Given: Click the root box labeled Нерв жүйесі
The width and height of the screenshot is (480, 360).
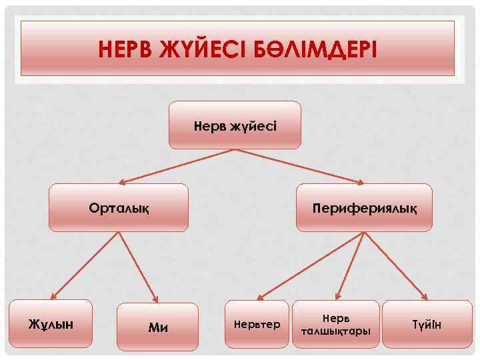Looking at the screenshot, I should point(235,125).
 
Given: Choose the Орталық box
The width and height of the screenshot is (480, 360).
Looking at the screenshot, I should point(119,207).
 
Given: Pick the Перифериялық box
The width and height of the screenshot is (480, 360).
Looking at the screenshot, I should point(364,207).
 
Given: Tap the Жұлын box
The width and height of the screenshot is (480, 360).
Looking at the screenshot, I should point(50,323).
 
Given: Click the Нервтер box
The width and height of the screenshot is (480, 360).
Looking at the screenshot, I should point(257,324).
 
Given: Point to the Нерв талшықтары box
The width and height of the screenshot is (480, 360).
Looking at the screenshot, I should point(335,324).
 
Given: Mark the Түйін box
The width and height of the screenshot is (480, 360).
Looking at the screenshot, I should point(427,324).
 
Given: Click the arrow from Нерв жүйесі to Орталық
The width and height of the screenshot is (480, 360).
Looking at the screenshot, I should point(177,165).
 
